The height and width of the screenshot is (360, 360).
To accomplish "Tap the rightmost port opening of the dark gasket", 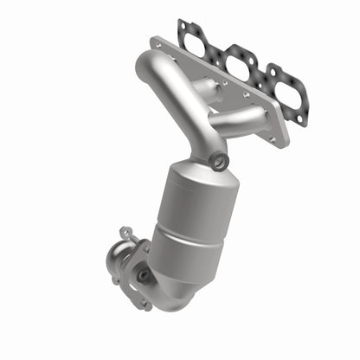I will (284, 91).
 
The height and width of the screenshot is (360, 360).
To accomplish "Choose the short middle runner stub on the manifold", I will (206, 87).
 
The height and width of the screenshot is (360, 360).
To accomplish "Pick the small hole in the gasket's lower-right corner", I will (299, 120).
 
